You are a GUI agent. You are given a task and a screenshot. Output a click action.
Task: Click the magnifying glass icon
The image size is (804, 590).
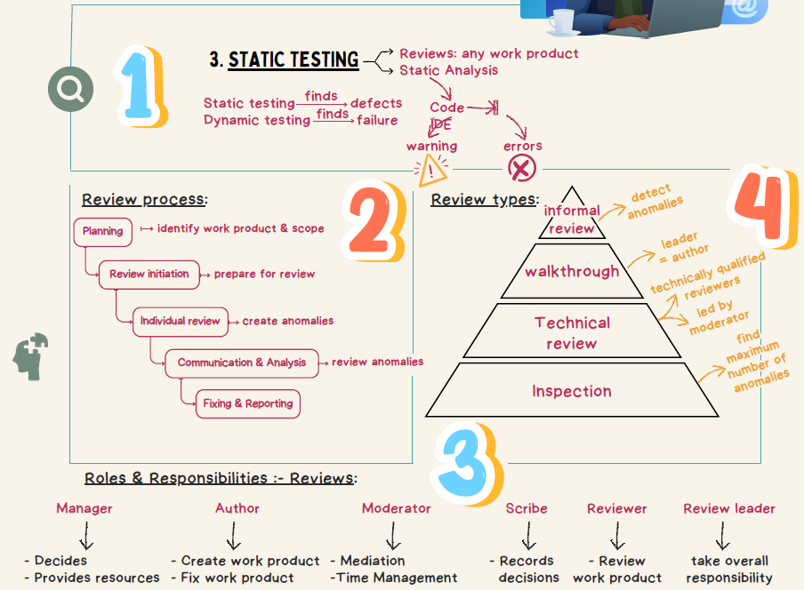click(71, 88)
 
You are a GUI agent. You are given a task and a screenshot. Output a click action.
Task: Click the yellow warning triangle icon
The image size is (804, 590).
click(432, 169)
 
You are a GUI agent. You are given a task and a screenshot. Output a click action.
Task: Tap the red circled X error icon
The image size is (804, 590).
click(522, 169)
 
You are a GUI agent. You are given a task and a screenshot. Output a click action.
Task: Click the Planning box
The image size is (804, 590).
click(103, 231)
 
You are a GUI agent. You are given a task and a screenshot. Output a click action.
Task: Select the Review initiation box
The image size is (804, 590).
click(149, 274)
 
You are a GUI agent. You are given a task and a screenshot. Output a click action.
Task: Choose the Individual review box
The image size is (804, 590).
click(180, 321)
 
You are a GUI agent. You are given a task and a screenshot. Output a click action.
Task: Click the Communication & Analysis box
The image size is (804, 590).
click(241, 363)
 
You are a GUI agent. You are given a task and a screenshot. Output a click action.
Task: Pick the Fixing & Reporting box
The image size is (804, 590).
click(247, 403)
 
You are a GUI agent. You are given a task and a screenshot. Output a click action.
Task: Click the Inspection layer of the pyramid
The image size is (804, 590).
click(571, 391)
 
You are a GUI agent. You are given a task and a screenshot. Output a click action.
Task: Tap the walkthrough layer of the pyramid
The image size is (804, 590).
click(571, 272)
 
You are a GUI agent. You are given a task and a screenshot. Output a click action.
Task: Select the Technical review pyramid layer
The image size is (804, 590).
click(571, 332)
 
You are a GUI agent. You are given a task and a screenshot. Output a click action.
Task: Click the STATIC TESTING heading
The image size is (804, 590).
click(293, 60)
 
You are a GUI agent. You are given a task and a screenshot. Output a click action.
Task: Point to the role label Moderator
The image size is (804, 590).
click(396, 508)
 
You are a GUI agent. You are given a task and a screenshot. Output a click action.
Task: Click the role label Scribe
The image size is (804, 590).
click(527, 508)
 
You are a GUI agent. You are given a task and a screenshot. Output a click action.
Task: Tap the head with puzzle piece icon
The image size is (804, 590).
click(31, 357)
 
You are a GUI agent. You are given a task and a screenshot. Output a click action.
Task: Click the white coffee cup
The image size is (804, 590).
click(561, 21)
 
